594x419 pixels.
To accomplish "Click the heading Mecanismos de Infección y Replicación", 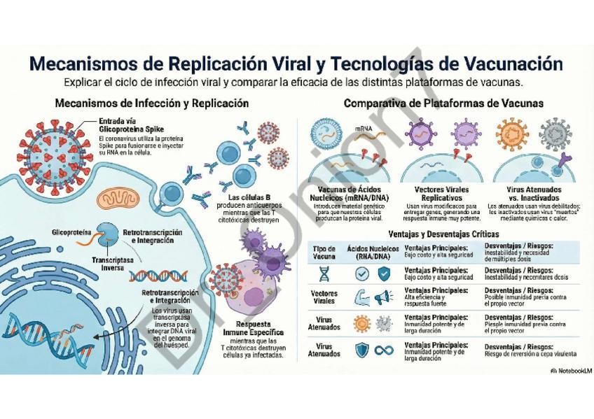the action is (152, 104).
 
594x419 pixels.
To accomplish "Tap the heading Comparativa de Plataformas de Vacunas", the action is (443, 104).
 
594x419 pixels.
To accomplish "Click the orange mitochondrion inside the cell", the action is (114, 201).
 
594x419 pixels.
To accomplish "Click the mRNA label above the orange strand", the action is (363, 129).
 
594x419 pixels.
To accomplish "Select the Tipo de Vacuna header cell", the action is (324, 252).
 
